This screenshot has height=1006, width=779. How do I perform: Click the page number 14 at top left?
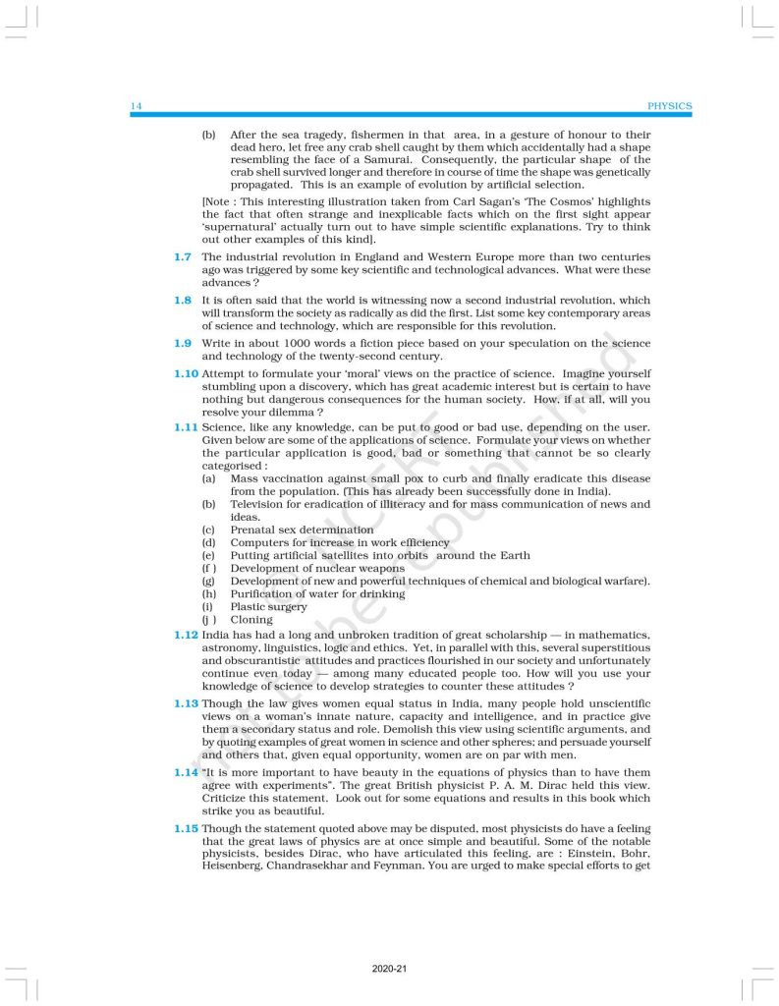[136, 106]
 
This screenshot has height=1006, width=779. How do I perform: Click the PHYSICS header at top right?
[670, 106]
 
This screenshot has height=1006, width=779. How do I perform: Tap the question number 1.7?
[183, 257]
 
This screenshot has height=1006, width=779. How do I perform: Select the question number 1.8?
[183, 300]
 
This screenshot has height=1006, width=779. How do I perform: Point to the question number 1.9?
[183, 342]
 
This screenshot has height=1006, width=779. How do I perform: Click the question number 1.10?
[186, 373]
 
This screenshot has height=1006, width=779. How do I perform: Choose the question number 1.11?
[186, 428]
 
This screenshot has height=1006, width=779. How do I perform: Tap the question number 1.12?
[186, 636]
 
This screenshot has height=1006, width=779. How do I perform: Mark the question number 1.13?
[186, 703]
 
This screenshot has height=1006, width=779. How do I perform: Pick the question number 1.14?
[186, 772]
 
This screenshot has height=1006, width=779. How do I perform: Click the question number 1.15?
[186, 828]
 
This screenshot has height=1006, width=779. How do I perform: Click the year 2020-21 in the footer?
[389, 969]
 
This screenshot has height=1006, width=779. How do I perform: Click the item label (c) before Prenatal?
[208, 530]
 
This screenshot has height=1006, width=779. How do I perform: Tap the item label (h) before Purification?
[208, 594]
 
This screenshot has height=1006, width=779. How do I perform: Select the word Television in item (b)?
[259, 504]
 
